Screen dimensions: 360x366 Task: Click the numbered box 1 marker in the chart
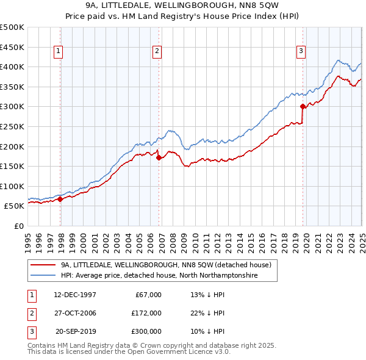(x=58, y=52)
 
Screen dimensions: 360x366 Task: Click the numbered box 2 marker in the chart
(x=157, y=52)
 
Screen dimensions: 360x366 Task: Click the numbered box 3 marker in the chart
(x=301, y=52)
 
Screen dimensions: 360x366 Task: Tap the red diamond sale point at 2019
(x=303, y=106)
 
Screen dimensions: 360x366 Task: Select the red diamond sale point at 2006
(x=159, y=157)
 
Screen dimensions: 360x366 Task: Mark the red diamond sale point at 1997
(x=60, y=199)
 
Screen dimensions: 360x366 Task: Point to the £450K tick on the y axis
(x=12, y=47)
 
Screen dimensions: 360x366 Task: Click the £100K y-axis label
(x=12, y=186)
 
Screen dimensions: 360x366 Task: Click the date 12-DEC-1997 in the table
(x=75, y=295)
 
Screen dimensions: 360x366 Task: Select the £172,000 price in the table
(x=146, y=313)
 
